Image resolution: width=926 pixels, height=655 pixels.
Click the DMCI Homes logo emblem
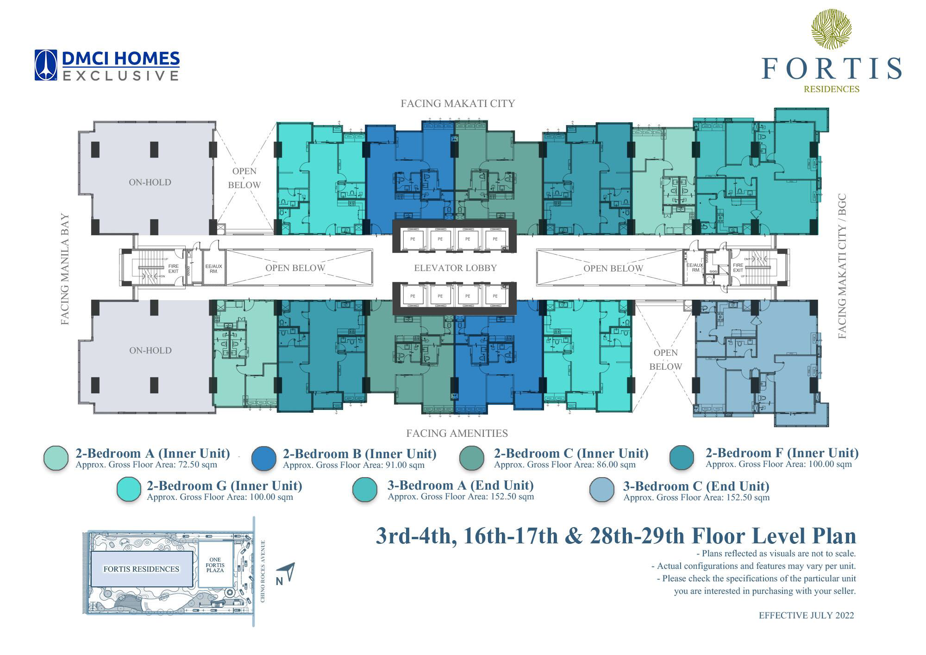point(45,65)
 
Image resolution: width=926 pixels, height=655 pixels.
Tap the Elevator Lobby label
point(455,268)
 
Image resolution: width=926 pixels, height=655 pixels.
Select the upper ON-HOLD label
point(150,182)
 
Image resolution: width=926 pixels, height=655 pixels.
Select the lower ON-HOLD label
point(150,350)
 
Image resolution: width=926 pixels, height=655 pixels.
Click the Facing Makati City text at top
point(457,103)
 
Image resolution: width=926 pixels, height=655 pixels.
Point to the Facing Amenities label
point(457,433)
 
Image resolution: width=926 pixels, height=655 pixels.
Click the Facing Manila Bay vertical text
point(65,269)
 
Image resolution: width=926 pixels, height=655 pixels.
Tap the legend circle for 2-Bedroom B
point(264,459)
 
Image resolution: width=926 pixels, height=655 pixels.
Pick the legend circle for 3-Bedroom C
point(602,490)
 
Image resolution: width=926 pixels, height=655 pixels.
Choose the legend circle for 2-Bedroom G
point(129,490)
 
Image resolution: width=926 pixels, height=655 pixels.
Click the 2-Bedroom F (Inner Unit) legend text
point(782,453)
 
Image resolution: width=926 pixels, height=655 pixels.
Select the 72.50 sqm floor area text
point(146,465)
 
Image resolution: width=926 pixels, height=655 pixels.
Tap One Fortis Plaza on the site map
point(215,565)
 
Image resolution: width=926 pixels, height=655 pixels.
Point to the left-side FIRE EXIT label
point(173,268)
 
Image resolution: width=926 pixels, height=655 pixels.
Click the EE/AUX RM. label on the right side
point(694,267)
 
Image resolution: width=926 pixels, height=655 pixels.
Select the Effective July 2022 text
point(806,616)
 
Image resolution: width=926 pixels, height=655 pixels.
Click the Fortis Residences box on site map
point(141,569)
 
